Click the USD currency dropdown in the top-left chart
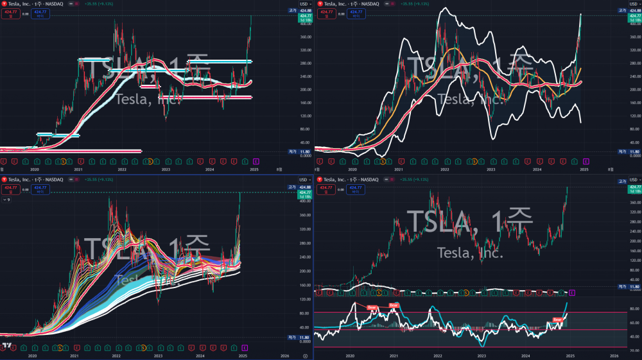pyautogui.click(x=304, y=4)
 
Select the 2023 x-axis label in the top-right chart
pyautogui.click(x=491, y=169)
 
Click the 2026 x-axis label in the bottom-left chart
pyautogui.click(x=285, y=355)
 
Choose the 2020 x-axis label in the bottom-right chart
pyautogui.click(x=350, y=355)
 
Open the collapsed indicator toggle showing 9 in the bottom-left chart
pyautogui.click(x=6, y=200)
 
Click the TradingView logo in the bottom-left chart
pyautogui.click(x=6, y=347)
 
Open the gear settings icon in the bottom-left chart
pyautogui.click(x=305, y=355)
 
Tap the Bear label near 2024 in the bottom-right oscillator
pyautogui.click(x=557, y=319)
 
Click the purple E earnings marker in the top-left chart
pyautogui.click(x=255, y=160)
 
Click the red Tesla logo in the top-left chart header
pyautogui.click(x=4, y=4)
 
